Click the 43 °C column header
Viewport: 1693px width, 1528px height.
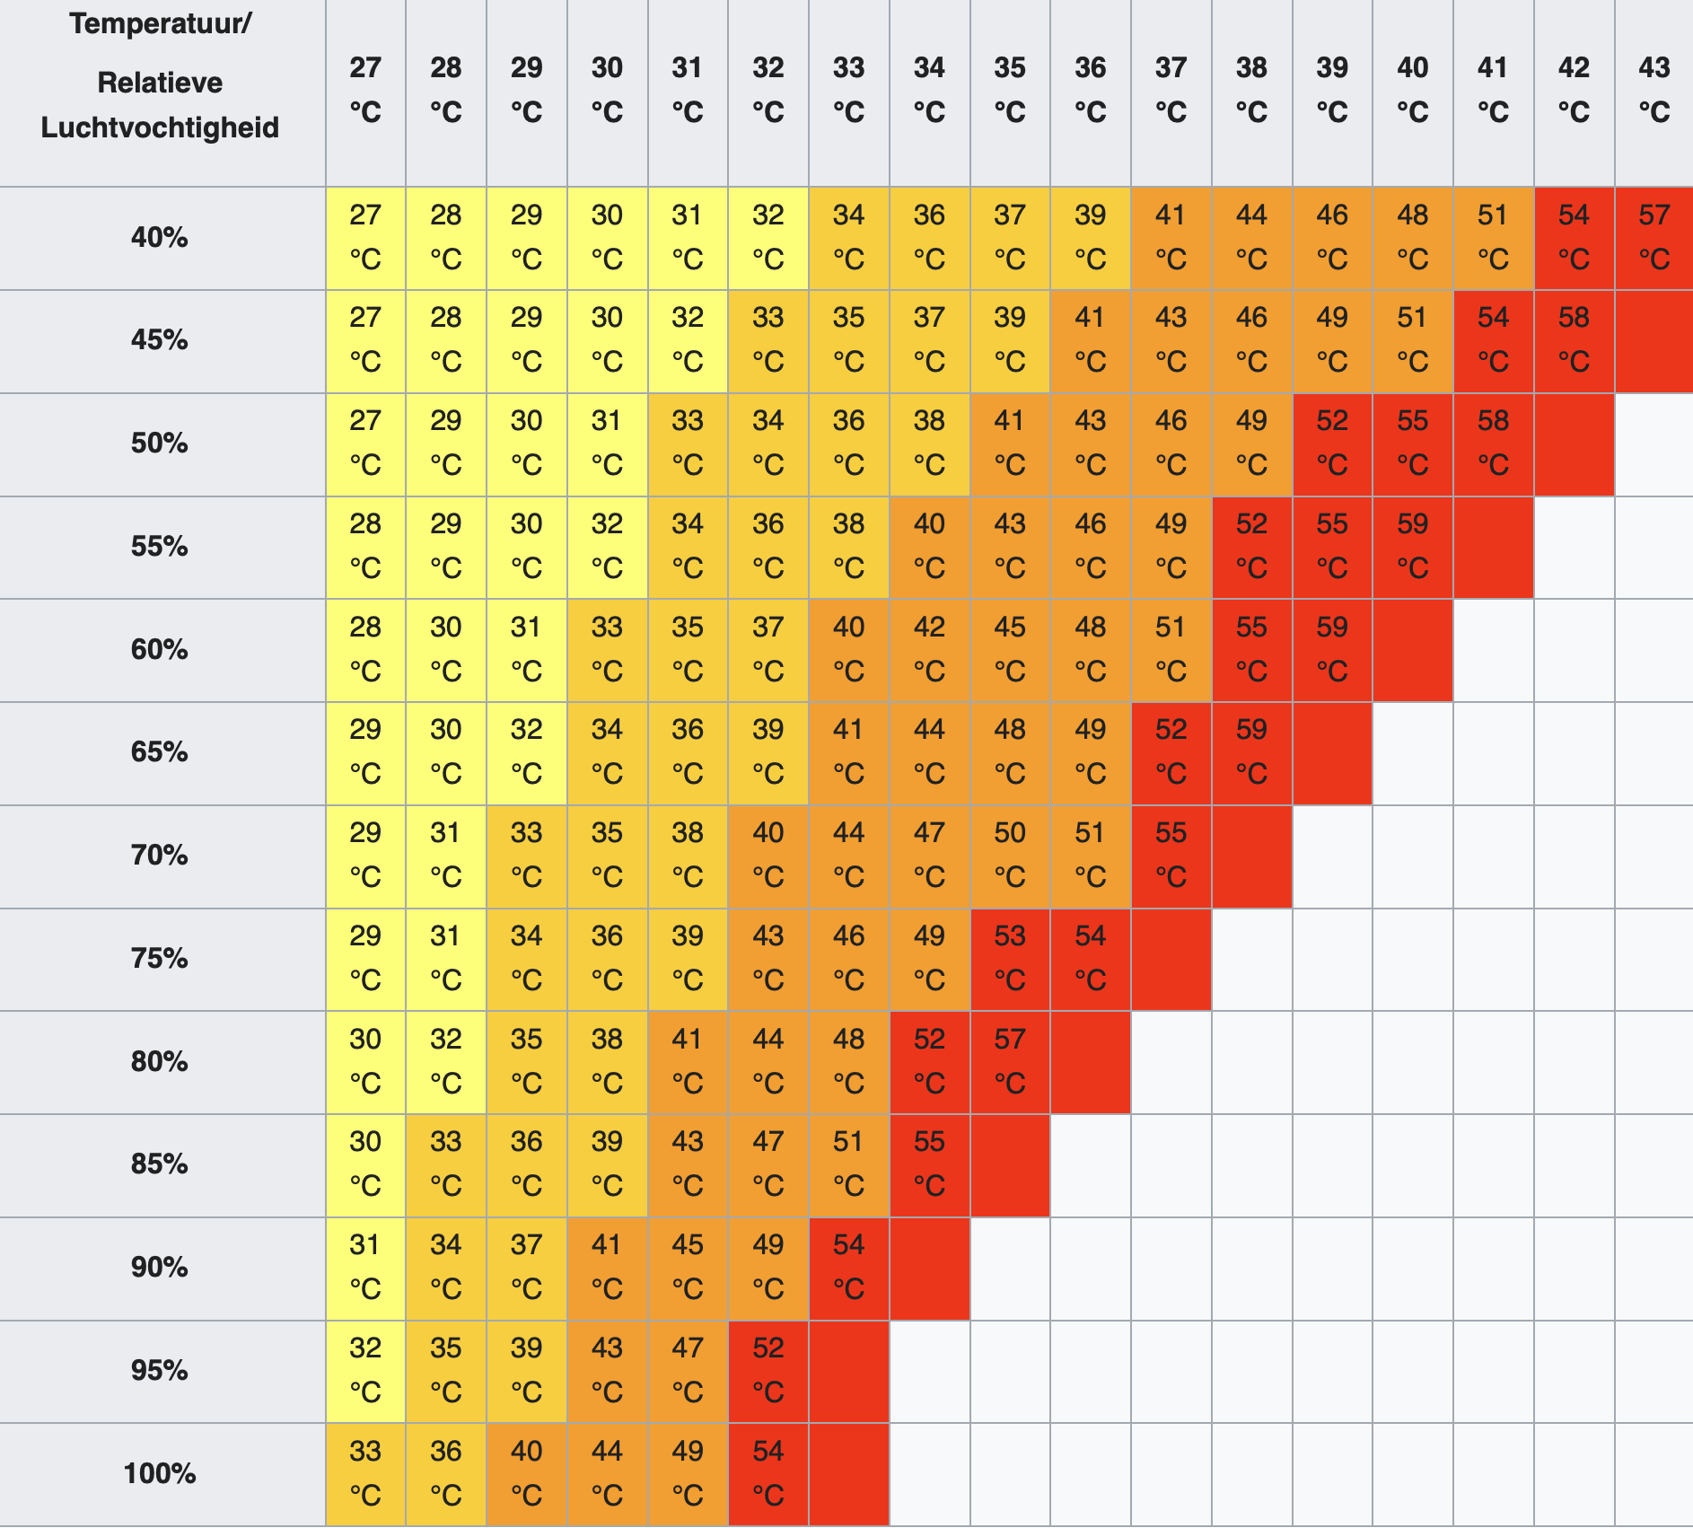click(1654, 90)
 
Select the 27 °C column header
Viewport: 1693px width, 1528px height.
click(365, 90)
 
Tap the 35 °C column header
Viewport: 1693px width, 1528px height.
click(1010, 90)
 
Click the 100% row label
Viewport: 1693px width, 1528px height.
click(160, 1473)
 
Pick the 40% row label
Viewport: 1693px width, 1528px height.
click(160, 237)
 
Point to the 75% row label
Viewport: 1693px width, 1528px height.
click(160, 958)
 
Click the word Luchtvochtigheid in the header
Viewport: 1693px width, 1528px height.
click(160, 127)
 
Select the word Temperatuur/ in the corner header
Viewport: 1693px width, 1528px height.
click(160, 23)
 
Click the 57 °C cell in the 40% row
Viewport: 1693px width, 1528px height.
click(1654, 237)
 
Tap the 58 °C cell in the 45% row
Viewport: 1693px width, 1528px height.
click(1574, 339)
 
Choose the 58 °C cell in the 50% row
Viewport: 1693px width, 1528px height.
click(1493, 443)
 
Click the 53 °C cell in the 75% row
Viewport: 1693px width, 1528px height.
click(1010, 958)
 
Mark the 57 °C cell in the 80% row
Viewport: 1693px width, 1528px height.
click(1010, 1061)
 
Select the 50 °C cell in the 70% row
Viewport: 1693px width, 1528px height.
click(1010, 855)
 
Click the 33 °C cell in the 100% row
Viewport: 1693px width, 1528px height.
click(365, 1473)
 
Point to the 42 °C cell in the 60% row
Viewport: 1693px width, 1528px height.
click(929, 649)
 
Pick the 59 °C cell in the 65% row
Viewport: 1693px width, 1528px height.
click(1251, 751)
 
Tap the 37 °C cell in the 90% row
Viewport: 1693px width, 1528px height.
click(526, 1267)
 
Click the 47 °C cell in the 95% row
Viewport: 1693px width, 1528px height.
click(688, 1370)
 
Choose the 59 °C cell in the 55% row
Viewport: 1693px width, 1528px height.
click(1412, 546)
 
